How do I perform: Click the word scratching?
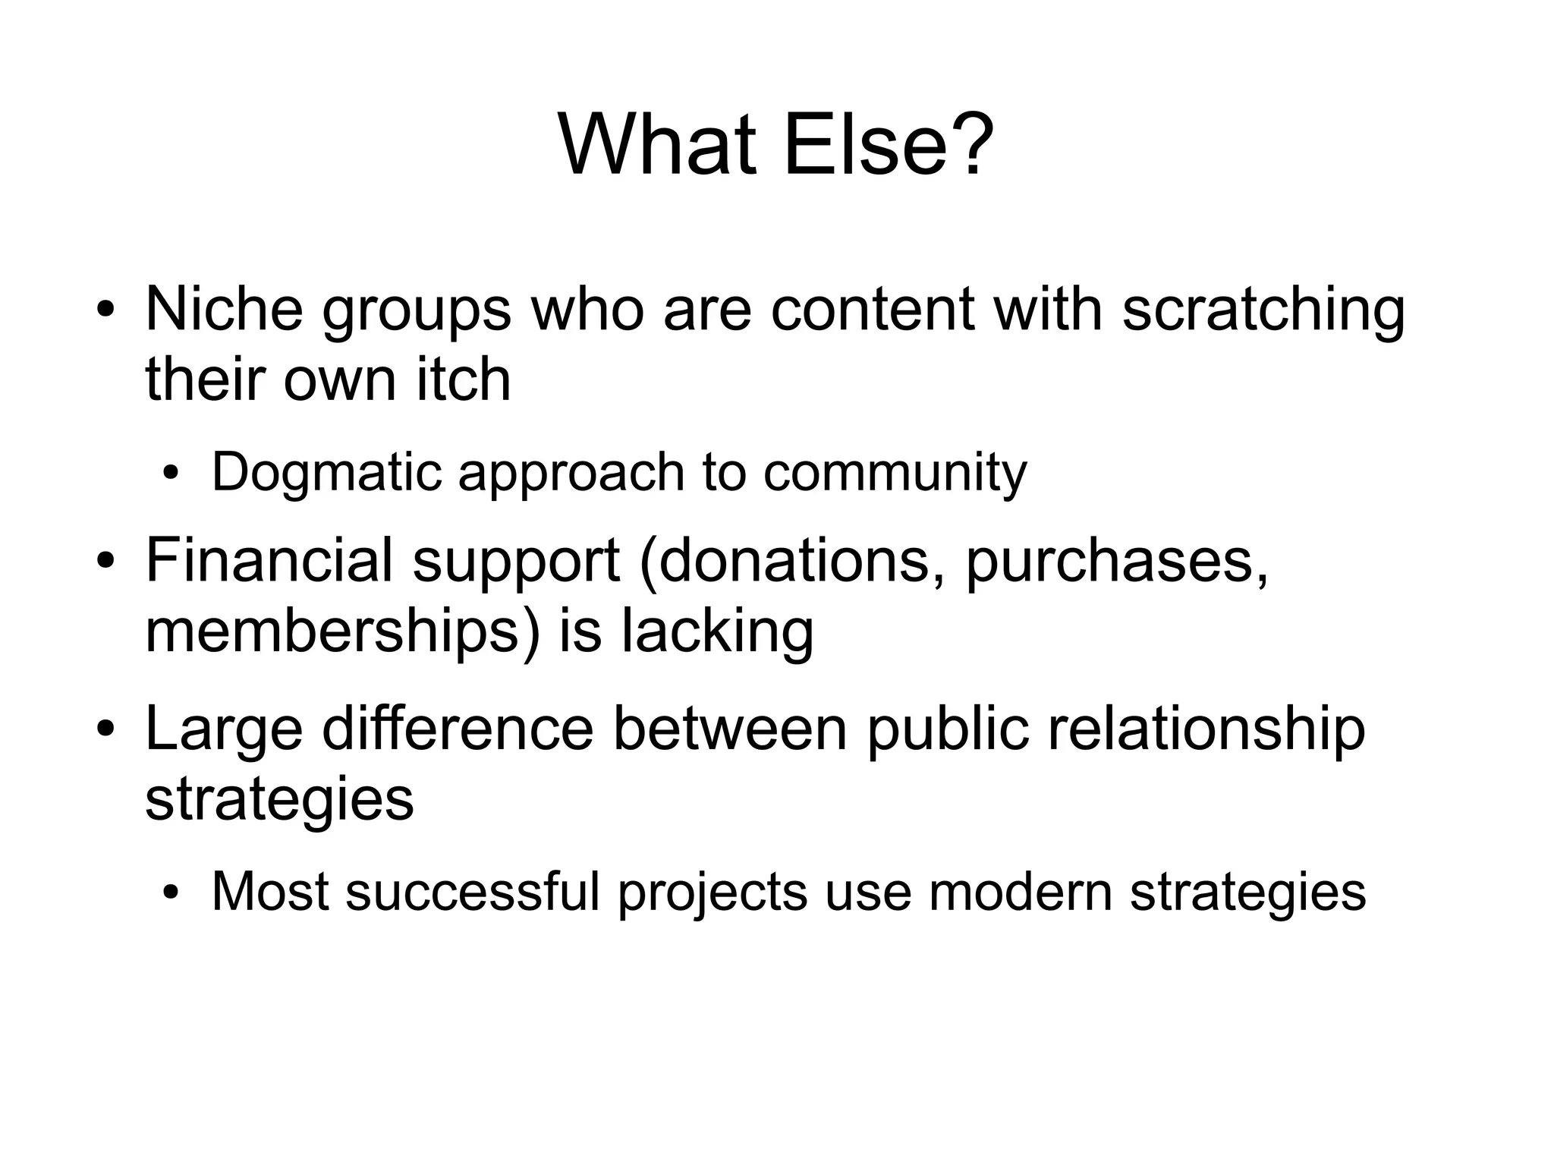coord(1263,311)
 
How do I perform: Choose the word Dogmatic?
coord(326,473)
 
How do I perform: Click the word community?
coord(895,473)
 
